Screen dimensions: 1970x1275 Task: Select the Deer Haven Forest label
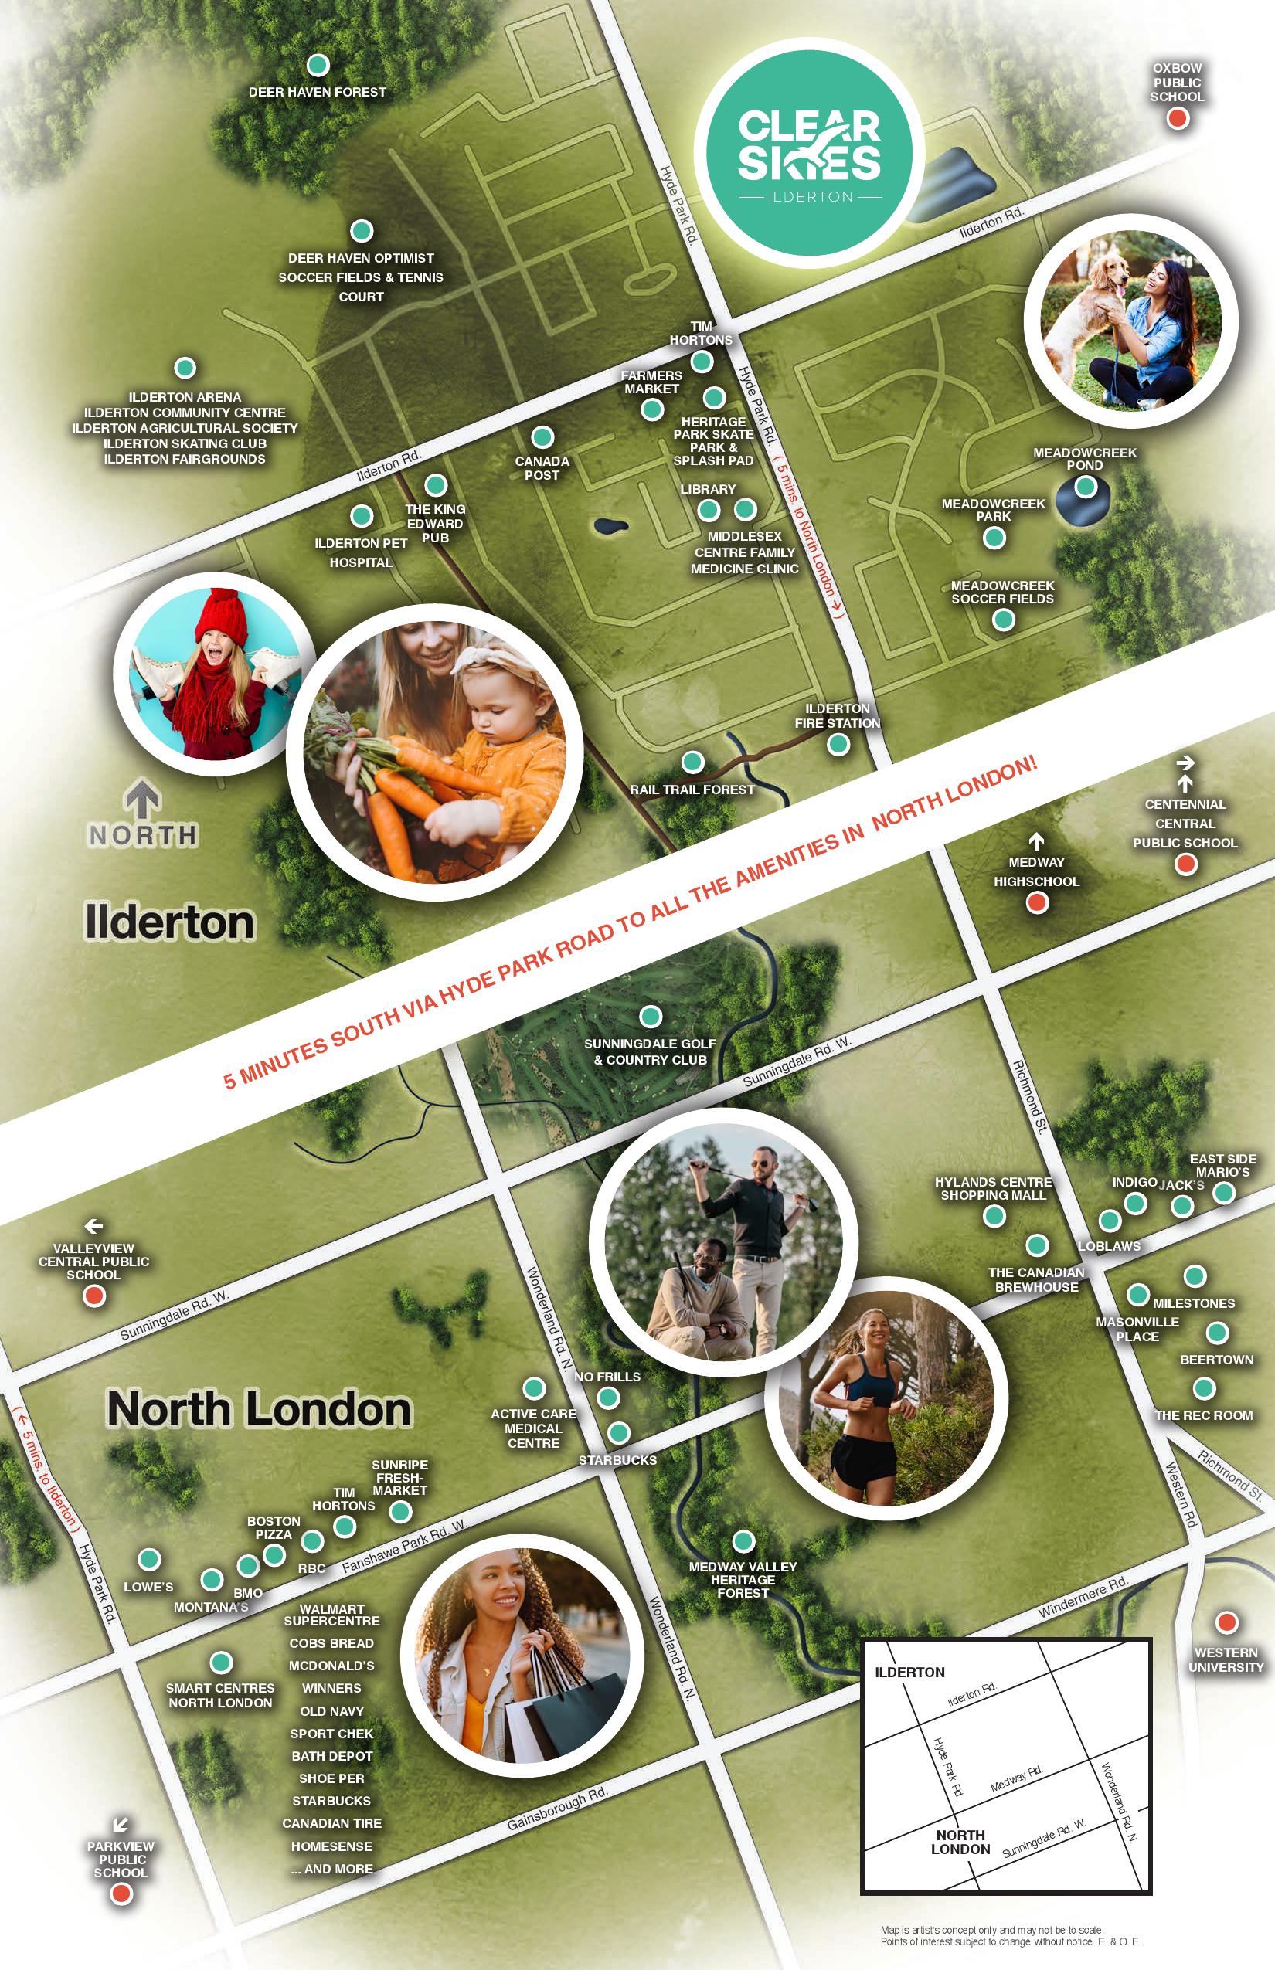point(317,92)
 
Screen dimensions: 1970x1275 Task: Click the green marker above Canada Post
point(542,437)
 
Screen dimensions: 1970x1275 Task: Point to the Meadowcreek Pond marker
point(1085,487)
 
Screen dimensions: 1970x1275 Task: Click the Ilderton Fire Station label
point(837,716)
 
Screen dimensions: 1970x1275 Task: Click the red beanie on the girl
point(221,615)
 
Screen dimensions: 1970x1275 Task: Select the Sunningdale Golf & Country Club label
point(650,1052)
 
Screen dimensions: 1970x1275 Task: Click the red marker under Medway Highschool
point(1036,902)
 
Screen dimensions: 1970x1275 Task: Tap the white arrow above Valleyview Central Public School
point(93,1227)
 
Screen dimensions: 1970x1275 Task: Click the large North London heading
point(259,1409)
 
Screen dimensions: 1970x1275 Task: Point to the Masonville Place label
point(1137,1329)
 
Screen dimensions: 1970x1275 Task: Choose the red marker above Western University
point(1226,1622)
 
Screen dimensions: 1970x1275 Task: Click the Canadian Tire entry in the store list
point(331,1823)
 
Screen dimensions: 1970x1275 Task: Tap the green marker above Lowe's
point(149,1560)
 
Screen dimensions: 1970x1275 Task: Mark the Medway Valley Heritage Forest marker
point(743,1540)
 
